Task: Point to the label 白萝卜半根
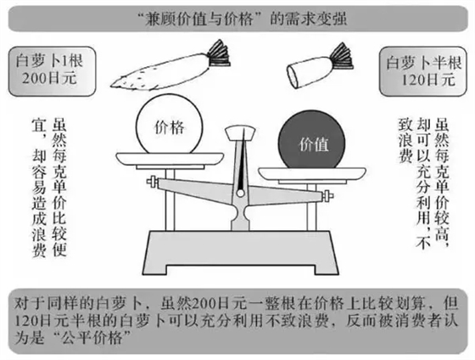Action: (x=422, y=64)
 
